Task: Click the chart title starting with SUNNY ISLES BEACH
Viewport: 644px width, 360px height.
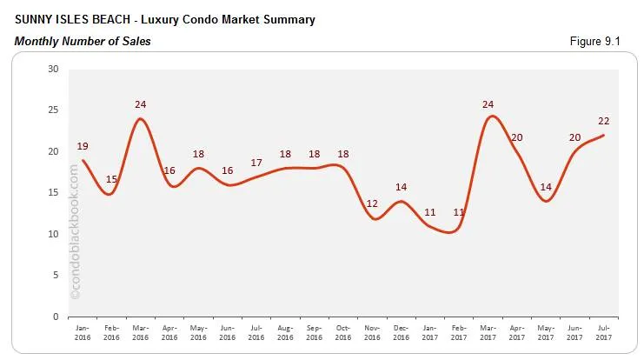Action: click(x=165, y=18)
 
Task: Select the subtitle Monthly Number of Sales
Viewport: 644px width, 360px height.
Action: click(x=83, y=41)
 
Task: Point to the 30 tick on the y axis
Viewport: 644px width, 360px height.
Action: click(x=54, y=69)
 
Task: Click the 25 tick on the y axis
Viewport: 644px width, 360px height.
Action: click(x=54, y=110)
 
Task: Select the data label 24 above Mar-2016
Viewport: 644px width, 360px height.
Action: click(x=141, y=105)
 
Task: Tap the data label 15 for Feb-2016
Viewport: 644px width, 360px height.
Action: click(x=111, y=180)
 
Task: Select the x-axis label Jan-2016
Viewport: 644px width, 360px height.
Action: click(x=83, y=332)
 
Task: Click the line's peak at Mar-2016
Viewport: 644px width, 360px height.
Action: click(x=141, y=118)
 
